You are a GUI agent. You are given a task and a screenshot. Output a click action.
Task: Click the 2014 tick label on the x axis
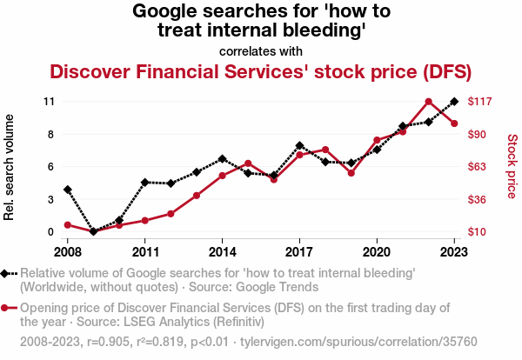(222, 251)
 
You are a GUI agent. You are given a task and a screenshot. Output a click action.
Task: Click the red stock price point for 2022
(428, 102)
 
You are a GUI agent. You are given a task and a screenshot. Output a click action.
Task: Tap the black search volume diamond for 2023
(454, 102)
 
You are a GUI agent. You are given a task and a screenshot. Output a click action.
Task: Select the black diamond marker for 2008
(67, 190)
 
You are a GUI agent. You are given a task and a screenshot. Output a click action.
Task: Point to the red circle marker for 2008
(67, 225)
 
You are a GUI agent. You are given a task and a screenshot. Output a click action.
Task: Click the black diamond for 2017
(299, 146)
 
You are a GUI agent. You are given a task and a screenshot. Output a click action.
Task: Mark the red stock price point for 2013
(197, 196)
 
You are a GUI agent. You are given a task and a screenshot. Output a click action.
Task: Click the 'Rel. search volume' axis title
(10, 167)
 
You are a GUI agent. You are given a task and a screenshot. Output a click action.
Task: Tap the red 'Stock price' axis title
(512, 165)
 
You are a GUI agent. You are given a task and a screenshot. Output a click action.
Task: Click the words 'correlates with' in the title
(261, 50)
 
